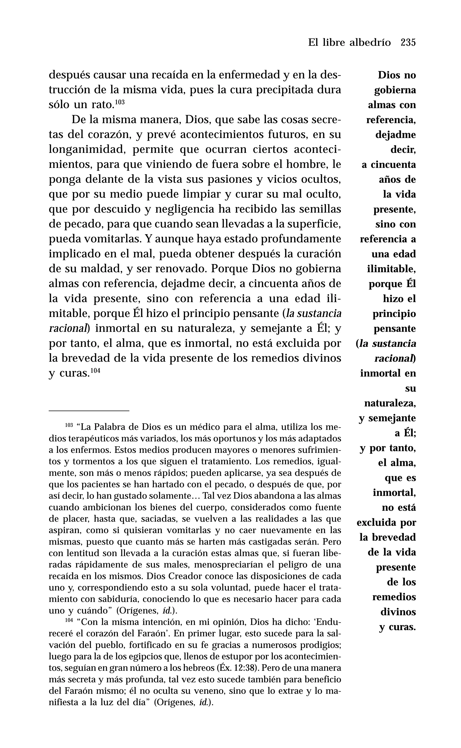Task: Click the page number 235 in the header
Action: point(408,42)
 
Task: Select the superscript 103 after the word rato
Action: point(120,102)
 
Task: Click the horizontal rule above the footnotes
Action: point(89,411)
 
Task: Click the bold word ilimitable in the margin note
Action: point(391,269)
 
